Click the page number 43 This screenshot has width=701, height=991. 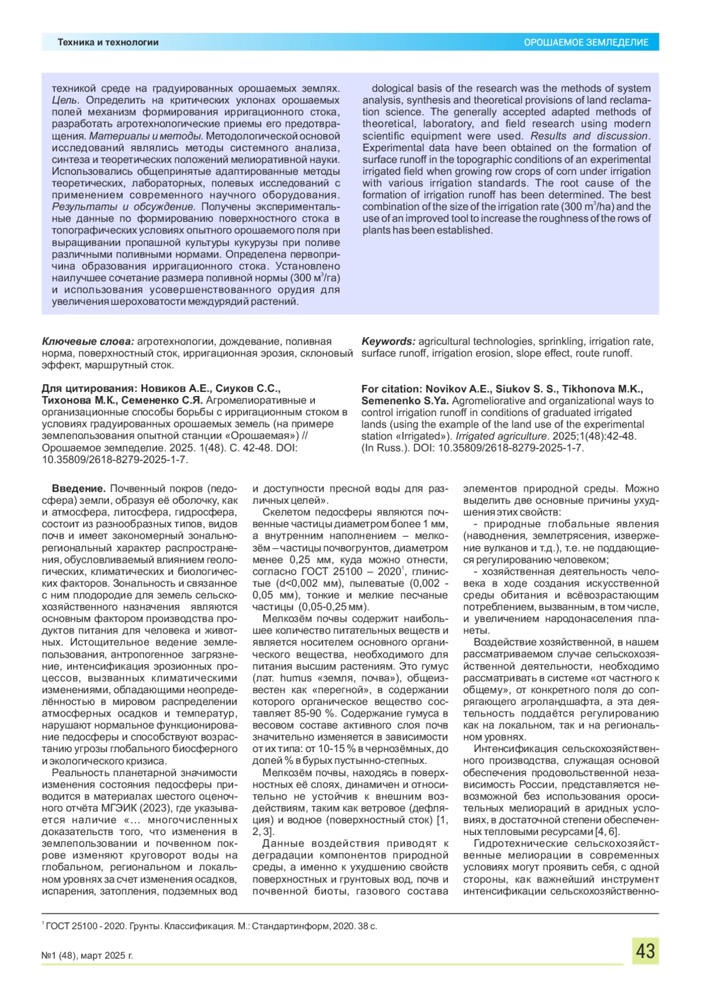[645, 951]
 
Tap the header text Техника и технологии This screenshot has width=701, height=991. [108, 42]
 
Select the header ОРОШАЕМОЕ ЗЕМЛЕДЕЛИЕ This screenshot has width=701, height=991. [586, 43]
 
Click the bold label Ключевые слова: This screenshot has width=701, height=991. [88, 342]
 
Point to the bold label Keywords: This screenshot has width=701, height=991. [388, 342]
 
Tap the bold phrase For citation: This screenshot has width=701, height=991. [392, 389]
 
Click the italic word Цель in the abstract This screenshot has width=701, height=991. [64, 100]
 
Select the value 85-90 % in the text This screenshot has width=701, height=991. [316, 714]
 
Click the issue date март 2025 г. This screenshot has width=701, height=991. [107, 956]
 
